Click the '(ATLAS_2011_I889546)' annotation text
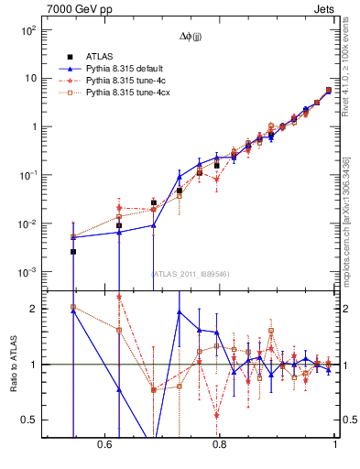click(191, 273)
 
